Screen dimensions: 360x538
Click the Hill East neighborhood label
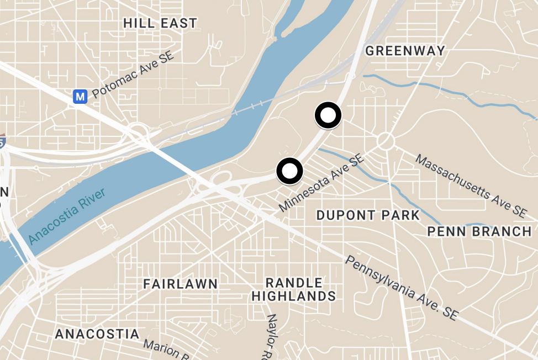click(160, 23)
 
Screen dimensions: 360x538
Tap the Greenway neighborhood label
click(405, 51)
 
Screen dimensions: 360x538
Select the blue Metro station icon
click(81, 97)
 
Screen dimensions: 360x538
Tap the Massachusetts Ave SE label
click(471, 185)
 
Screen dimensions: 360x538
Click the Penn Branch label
click(479, 231)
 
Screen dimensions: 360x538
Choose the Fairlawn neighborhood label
click(180, 284)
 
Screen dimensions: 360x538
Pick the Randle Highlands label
click(293, 290)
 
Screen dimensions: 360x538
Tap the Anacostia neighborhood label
click(97, 334)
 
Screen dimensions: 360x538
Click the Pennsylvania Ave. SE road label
click(402, 288)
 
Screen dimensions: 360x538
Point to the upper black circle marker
click(328, 115)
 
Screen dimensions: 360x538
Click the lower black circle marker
click(289, 171)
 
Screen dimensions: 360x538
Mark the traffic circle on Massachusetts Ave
click(386, 141)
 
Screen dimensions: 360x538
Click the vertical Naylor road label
click(272, 336)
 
